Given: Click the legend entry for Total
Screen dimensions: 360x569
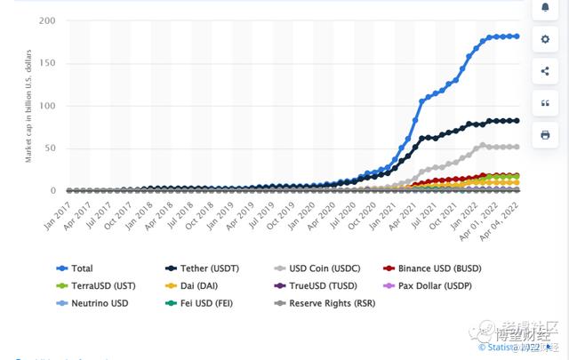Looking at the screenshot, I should tap(82, 268).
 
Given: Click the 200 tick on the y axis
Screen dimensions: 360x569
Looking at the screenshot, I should tap(46, 20).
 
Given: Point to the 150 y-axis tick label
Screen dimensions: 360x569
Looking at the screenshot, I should tap(46, 63).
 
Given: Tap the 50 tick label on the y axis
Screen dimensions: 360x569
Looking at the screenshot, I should tap(49, 148).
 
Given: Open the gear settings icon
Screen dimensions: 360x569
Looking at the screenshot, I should tap(545, 39).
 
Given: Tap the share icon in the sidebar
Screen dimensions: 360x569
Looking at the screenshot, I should tap(545, 71).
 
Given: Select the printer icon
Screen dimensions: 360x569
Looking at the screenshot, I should tap(545, 135).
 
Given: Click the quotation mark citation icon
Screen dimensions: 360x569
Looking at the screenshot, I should tap(545, 103).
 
